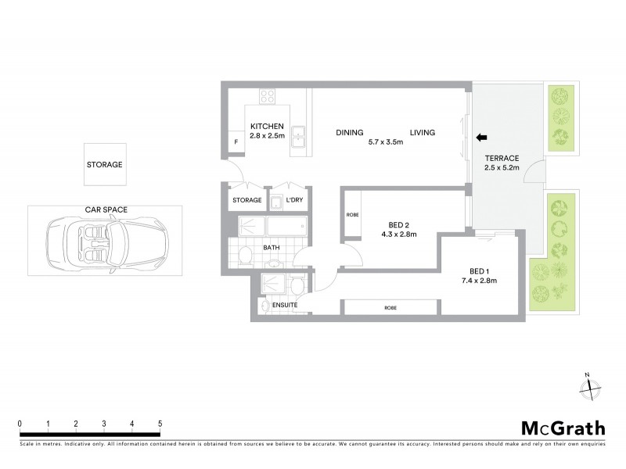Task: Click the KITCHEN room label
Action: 266,126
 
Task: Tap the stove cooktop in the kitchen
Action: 268,98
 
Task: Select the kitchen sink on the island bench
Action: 298,137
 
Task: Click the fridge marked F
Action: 236,142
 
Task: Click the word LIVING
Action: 421,132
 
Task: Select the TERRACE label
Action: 500,158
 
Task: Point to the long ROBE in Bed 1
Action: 390,307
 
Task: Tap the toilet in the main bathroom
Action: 244,254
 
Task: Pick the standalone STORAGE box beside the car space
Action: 104,165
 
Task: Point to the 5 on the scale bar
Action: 160,424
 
